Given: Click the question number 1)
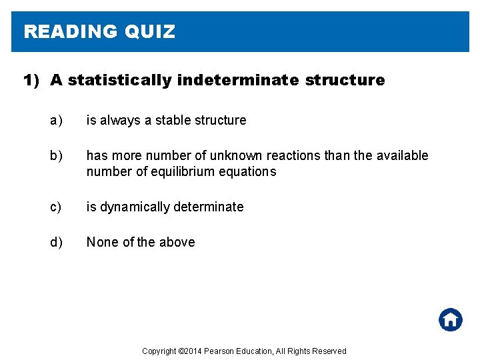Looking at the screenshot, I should click(x=33, y=81).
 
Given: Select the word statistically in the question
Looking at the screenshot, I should click(x=119, y=81).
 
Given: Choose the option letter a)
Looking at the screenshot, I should click(x=56, y=121).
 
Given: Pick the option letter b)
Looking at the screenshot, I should click(x=56, y=156).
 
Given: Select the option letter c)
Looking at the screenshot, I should click(x=56, y=207).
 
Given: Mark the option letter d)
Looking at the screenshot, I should click(x=56, y=243).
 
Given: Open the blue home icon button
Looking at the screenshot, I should click(x=451, y=319).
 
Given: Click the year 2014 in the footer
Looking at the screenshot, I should click(x=193, y=351).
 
